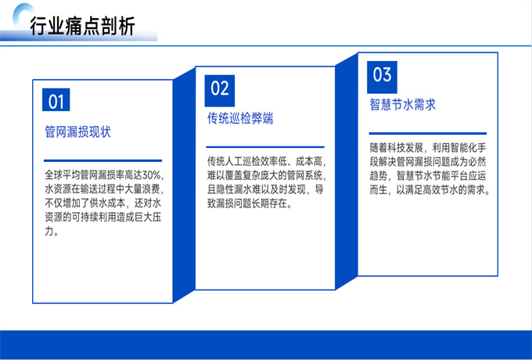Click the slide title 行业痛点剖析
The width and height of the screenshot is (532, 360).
82,26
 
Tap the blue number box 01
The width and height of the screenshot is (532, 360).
56,99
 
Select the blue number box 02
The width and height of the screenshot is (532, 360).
220,91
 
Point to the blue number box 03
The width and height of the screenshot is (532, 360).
382,77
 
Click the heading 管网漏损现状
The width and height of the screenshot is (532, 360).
77,132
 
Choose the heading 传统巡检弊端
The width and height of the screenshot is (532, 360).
240,118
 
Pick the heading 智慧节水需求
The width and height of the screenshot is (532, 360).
403,105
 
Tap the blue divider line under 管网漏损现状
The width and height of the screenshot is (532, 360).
102,160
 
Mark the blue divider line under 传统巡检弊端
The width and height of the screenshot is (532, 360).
265,147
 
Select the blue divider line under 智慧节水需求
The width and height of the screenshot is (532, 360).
428,133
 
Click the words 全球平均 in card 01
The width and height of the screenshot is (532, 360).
63,175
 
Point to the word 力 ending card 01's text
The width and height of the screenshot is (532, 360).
49,232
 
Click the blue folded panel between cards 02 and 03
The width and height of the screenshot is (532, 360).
347,171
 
